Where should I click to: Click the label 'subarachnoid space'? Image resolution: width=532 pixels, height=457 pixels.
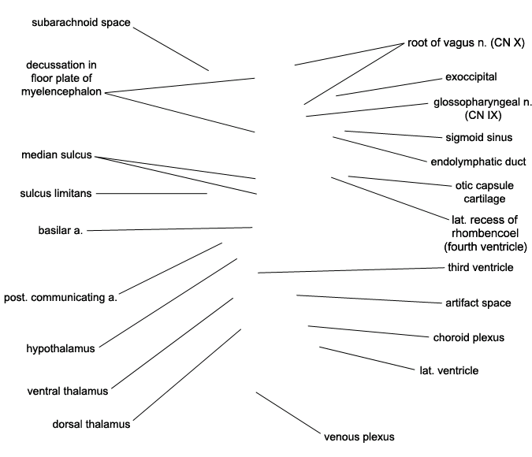80,22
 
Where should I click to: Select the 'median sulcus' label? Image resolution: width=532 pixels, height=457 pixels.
56,154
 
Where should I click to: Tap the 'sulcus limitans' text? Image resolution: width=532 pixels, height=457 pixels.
56,193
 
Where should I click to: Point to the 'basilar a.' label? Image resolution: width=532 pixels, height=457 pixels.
61,230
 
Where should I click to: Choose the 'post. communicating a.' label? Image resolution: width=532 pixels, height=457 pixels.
61,298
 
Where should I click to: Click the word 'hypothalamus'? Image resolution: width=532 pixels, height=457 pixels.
61,348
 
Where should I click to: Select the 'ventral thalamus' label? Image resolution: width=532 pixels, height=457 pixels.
68,391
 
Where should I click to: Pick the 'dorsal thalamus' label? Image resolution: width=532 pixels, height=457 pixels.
91,424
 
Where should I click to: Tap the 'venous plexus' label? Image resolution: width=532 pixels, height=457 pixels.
359,437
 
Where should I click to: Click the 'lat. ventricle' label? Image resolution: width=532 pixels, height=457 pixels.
449,370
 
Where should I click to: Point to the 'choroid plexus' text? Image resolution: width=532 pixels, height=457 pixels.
468,337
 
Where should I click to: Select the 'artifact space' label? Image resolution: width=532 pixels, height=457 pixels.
478,303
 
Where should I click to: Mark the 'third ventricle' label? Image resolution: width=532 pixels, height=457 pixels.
481,267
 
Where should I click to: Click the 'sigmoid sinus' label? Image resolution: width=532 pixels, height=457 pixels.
478,137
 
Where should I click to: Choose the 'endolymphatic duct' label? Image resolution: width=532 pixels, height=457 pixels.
478,162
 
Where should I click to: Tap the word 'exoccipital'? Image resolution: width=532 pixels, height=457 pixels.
471,77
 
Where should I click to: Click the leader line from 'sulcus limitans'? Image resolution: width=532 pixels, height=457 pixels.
151,193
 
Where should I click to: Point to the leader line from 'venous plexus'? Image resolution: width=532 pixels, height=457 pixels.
288,413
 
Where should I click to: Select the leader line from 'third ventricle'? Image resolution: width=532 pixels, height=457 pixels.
351,270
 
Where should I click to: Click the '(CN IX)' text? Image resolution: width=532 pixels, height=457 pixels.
483,115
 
